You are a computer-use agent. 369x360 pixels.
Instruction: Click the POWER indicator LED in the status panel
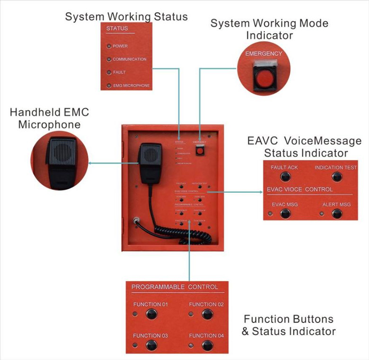(109, 46)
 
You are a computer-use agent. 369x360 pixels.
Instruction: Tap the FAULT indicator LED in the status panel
(109, 72)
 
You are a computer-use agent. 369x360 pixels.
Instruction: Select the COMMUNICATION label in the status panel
(130, 60)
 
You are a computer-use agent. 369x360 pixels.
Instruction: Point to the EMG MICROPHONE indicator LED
(109, 86)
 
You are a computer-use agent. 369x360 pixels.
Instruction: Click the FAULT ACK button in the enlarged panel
(285, 177)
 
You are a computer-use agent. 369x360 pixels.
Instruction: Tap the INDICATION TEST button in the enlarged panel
(336, 177)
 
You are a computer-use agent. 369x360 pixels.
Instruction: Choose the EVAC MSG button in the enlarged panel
(285, 213)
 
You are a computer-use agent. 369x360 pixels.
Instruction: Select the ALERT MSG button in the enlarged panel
(336, 213)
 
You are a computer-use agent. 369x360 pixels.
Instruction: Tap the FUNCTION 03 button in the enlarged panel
(151, 345)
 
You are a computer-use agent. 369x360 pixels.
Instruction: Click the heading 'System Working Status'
(126, 17)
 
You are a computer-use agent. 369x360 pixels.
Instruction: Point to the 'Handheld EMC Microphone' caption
(49, 118)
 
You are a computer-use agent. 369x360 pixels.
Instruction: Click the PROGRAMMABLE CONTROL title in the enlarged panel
(175, 287)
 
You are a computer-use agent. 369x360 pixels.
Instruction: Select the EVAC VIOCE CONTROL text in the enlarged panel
(299, 189)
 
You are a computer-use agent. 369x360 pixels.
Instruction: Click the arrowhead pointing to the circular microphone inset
(91, 164)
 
